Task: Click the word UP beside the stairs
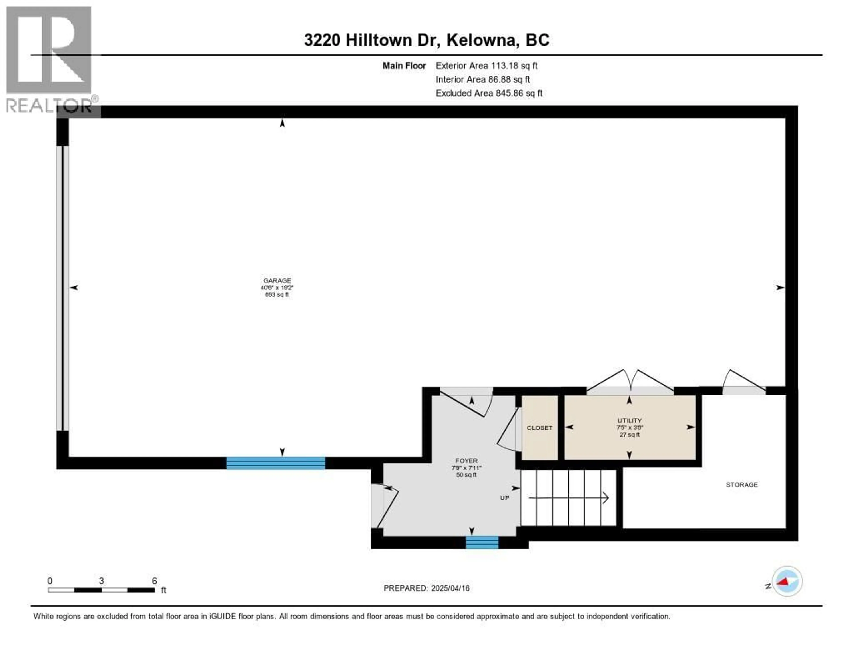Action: click(x=505, y=498)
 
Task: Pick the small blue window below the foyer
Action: click(x=482, y=543)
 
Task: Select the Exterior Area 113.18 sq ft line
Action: click(x=486, y=66)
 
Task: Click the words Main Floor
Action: click(x=404, y=66)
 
